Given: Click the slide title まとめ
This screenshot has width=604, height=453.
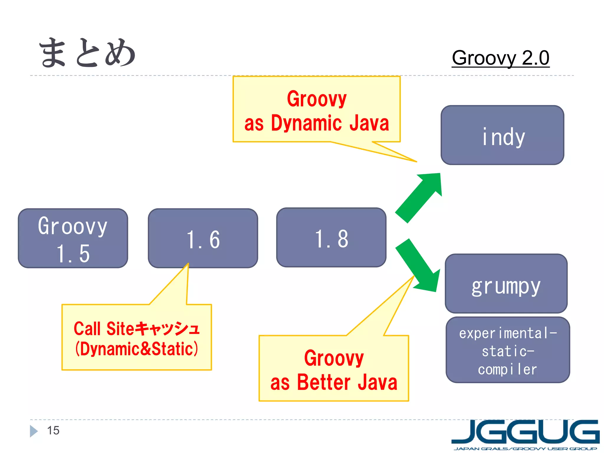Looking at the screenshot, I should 87,53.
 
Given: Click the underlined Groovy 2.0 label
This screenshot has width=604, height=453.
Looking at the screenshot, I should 500,58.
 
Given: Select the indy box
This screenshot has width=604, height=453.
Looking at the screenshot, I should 502,135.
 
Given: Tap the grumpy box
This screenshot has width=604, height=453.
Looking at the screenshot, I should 506,283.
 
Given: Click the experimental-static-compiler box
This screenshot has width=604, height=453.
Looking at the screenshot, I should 508,350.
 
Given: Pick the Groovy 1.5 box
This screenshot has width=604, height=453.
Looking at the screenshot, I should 73,238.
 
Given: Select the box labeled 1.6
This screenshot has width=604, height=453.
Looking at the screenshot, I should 203,238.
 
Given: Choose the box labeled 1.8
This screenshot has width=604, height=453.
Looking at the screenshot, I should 331,238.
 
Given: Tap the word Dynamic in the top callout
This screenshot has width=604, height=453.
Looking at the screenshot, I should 306,123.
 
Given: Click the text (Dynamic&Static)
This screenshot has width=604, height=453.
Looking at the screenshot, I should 137,349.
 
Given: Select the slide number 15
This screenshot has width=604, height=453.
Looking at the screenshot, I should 53,431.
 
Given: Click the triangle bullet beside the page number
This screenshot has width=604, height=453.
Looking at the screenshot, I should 33,431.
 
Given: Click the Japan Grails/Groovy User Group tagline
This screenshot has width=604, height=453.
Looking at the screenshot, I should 525,449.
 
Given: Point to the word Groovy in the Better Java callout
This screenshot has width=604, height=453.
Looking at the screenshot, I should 334,358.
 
